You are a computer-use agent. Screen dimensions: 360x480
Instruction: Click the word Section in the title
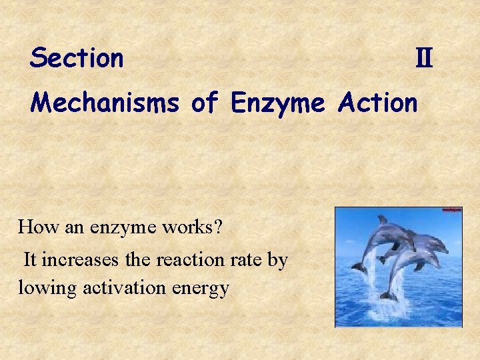[x=77, y=59]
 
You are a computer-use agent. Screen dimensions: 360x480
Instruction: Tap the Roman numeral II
[x=424, y=60]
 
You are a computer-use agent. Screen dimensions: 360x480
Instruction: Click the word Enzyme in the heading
[x=277, y=103]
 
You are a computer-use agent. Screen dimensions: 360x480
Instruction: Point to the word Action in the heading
[x=377, y=103]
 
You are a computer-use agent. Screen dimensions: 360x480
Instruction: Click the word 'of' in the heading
[x=204, y=103]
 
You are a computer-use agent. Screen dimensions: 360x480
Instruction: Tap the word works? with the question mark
[x=196, y=227]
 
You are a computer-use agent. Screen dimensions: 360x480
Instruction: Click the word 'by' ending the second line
[x=277, y=259]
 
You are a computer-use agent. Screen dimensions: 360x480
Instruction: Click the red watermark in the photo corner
[x=451, y=211]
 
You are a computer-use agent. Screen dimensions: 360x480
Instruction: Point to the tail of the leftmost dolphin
[x=359, y=267]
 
